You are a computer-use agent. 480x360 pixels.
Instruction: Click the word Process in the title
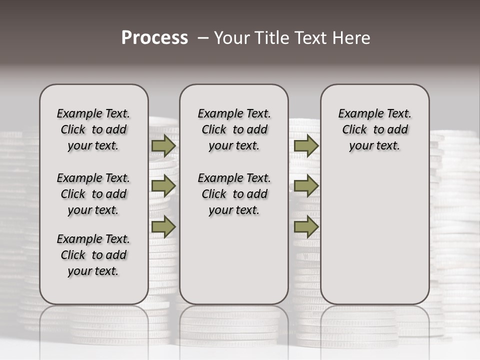(154, 38)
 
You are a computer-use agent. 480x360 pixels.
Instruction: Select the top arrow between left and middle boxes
(163, 146)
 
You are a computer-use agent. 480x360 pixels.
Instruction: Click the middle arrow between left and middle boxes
(163, 186)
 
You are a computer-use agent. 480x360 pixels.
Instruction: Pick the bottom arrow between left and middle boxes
(163, 226)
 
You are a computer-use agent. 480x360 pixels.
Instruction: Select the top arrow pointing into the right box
(306, 146)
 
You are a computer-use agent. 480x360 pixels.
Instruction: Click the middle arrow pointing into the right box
(306, 186)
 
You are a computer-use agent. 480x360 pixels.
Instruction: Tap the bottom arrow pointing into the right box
(306, 226)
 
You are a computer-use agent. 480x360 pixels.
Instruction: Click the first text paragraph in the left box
(93, 129)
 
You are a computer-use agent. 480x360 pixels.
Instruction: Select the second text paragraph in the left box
(93, 194)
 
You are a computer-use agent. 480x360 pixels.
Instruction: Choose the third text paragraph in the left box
(93, 255)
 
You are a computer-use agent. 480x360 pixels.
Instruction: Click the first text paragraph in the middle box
(234, 129)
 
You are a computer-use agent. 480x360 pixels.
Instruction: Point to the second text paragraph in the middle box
(234, 194)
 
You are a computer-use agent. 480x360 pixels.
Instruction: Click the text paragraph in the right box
(374, 129)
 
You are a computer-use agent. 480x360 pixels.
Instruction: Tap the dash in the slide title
(203, 38)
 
